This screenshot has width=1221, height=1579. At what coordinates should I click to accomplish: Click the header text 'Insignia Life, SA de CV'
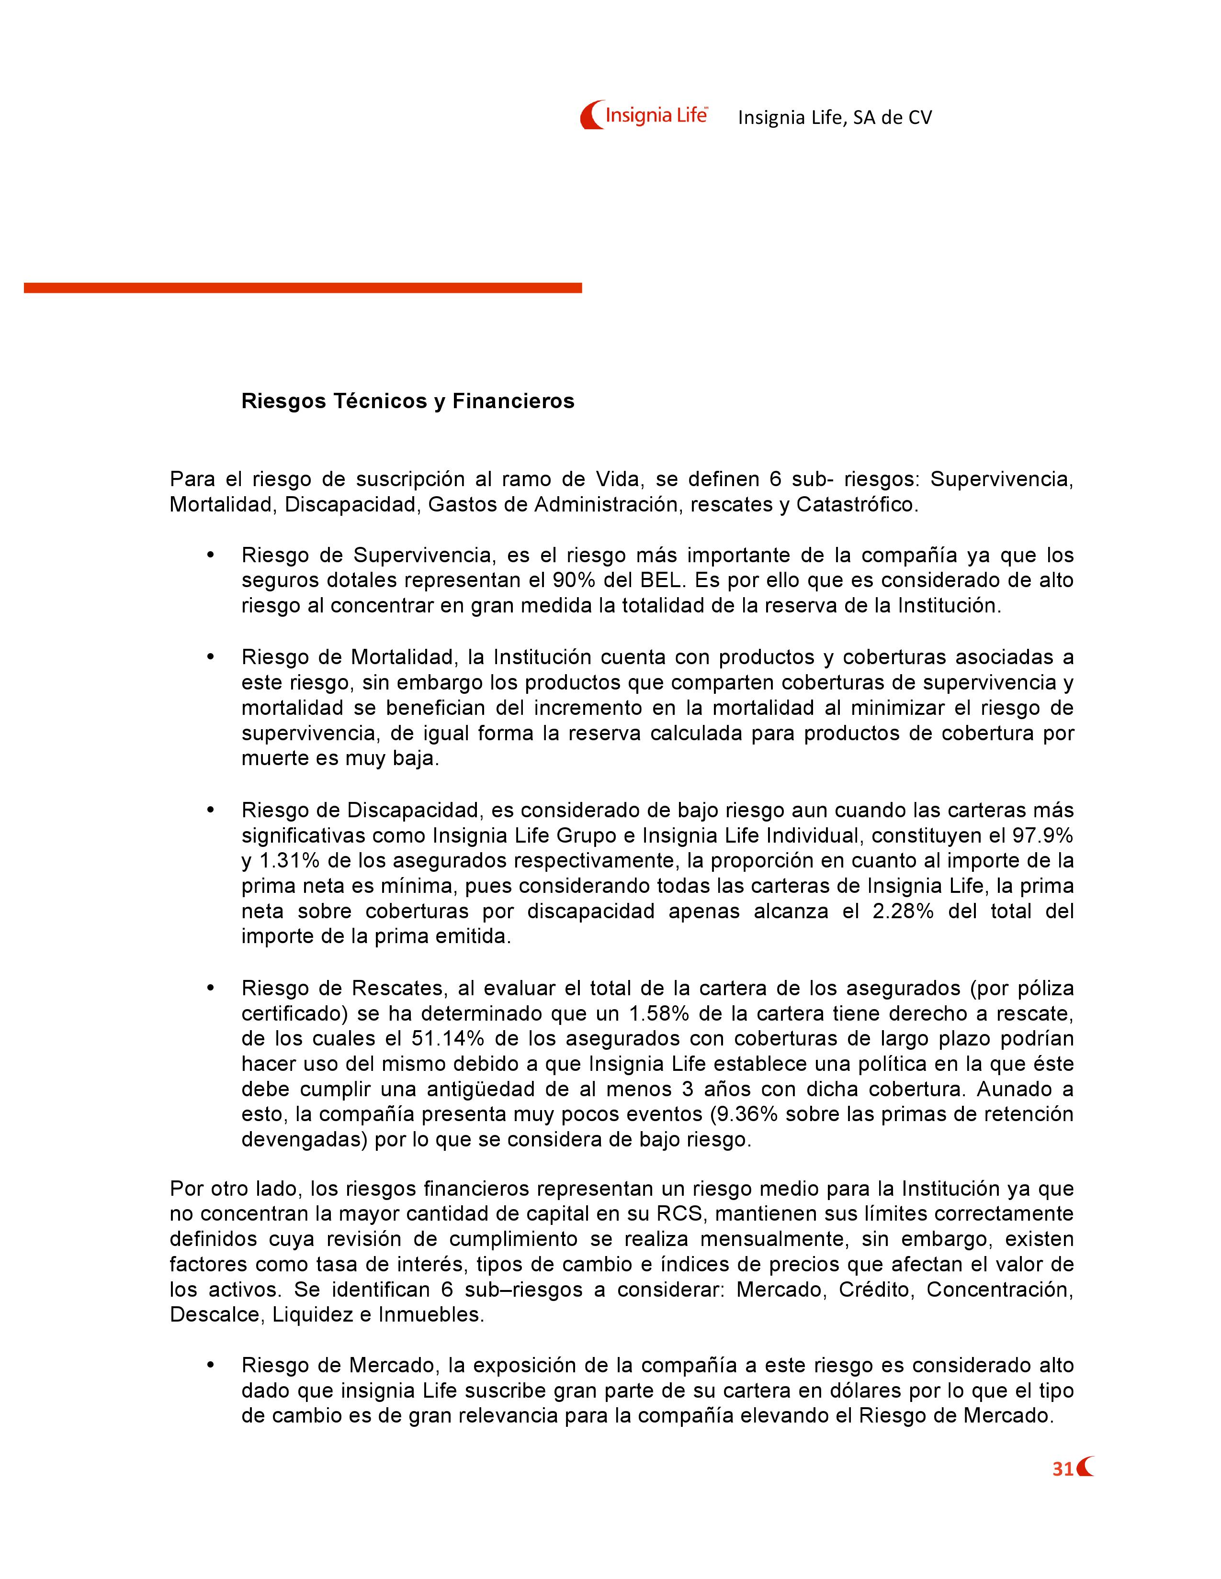(835, 118)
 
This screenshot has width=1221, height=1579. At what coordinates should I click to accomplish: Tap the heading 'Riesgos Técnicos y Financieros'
(407, 401)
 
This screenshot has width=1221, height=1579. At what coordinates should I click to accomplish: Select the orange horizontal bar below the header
(302, 288)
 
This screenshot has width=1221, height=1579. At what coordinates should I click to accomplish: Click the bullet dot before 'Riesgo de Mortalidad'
(211, 656)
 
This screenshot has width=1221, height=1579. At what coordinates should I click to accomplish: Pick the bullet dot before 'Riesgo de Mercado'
(211, 1365)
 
